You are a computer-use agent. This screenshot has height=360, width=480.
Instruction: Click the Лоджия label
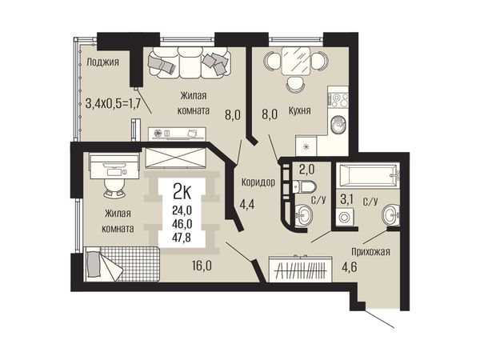point(102,62)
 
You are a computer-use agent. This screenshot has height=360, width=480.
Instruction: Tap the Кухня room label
point(300,110)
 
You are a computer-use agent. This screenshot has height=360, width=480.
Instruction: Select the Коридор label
point(258,182)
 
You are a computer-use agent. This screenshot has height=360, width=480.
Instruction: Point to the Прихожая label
point(370,252)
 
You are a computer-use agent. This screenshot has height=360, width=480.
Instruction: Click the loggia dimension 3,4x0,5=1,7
point(113,103)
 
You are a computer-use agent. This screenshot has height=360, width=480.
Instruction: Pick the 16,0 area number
point(202,266)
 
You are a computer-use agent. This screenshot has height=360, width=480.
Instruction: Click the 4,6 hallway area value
point(350,266)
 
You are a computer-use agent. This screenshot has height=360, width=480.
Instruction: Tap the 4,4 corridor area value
point(246,204)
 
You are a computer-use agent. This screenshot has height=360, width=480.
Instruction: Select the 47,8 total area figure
point(182,238)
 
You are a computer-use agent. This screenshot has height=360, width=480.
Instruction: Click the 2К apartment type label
point(182,194)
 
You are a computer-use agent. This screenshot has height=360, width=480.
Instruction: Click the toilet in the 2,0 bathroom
point(304,186)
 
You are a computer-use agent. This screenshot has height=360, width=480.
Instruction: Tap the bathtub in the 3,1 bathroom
point(367,176)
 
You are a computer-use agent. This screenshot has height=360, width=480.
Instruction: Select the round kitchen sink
point(338,124)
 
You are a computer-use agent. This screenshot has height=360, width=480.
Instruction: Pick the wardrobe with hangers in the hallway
point(300,270)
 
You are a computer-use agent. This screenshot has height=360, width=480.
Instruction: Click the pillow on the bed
point(94,264)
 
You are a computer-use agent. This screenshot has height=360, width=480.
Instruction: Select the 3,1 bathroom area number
point(347,200)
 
